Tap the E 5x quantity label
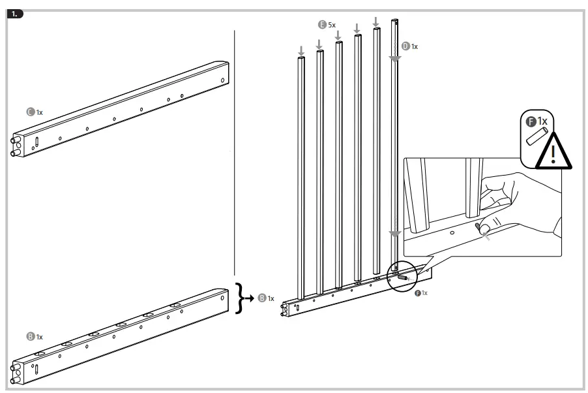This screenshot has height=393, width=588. point(327,24)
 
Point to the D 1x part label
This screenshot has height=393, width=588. point(410,46)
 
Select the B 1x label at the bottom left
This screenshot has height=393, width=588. point(34,337)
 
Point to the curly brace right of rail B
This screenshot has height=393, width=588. point(241,298)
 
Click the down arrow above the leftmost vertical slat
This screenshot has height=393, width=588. point(301,50)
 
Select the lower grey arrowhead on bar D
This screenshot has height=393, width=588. point(394,234)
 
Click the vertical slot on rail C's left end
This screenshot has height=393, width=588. point(37,142)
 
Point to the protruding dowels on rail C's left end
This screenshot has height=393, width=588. point(15,147)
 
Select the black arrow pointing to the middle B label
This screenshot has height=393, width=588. point(251,298)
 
